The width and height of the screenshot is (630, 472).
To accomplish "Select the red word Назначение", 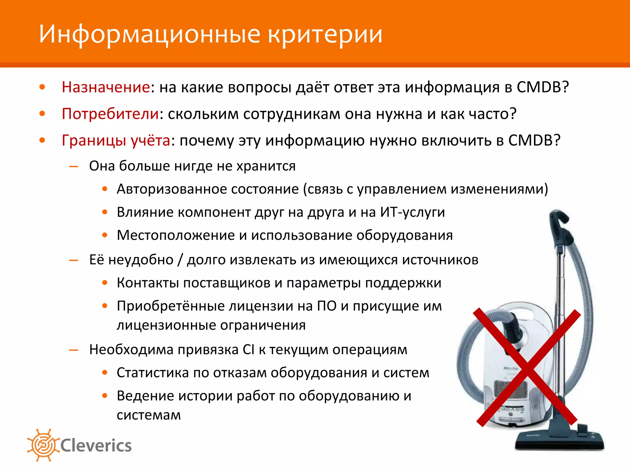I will click(106, 87).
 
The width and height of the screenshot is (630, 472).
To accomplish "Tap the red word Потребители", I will click(110, 114).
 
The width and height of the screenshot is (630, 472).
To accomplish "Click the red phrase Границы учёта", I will click(116, 141).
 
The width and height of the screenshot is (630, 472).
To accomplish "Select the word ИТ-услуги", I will click(412, 212).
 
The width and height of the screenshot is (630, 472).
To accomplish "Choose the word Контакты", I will click(148, 283).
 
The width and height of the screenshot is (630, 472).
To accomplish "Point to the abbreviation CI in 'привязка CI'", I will click(248, 350).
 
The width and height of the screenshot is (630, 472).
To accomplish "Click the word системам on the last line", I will click(149, 415).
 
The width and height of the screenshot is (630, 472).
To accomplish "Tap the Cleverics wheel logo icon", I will click(43, 445).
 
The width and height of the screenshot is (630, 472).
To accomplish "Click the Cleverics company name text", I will click(96, 446).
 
